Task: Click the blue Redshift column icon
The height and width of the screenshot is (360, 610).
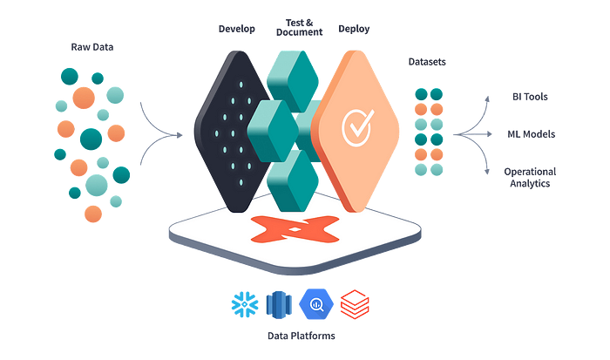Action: pos(276,304)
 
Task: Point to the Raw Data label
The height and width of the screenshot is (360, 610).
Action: pos(91,43)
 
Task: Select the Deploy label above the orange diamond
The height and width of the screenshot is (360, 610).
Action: pos(354,29)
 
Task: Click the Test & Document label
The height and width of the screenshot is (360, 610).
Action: pos(299,25)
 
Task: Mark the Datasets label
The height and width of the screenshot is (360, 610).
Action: pos(427,63)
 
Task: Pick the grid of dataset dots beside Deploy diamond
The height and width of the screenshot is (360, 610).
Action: pos(427,131)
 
